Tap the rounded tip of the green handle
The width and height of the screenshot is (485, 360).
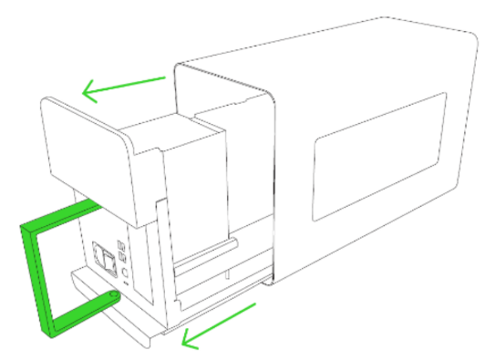(x=113, y=296)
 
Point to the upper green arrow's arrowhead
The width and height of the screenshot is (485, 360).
(x=88, y=90)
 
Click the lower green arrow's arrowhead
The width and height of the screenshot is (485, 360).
(x=188, y=340)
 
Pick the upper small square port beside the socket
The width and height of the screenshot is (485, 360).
(x=121, y=243)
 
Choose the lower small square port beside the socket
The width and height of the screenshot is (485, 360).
(x=122, y=255)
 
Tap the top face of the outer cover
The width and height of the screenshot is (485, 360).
(x=319, y=46)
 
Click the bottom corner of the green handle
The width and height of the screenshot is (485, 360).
(x=46, y=327)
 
